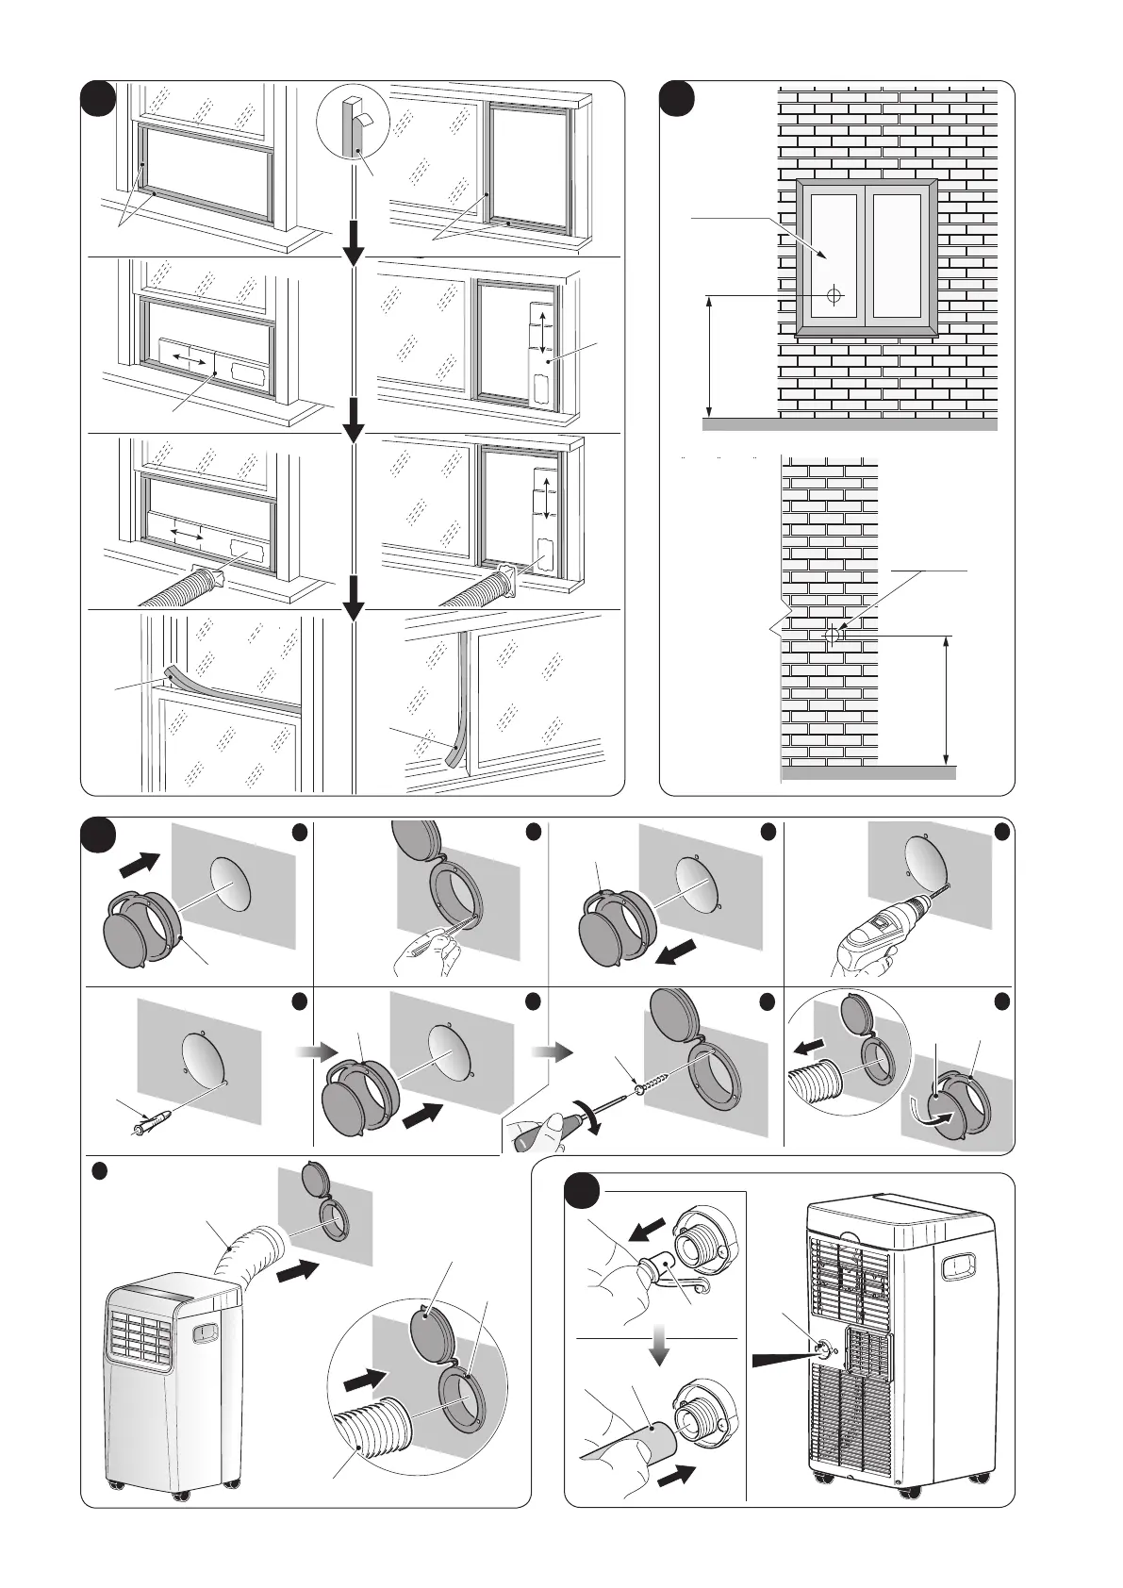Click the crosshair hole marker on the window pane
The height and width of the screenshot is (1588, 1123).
point(834,294)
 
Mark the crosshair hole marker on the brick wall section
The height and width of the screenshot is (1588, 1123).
point(833,636)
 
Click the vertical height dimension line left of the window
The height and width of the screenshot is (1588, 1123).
point(708,356)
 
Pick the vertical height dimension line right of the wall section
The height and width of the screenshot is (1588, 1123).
point(946,700)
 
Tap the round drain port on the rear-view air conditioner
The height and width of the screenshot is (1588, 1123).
point(824,1348)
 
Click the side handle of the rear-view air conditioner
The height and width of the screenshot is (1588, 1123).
point(956,1265)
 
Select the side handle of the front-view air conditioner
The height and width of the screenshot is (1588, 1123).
point(205,1332)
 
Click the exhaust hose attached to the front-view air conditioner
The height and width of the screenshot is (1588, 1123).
point(248,1253)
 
